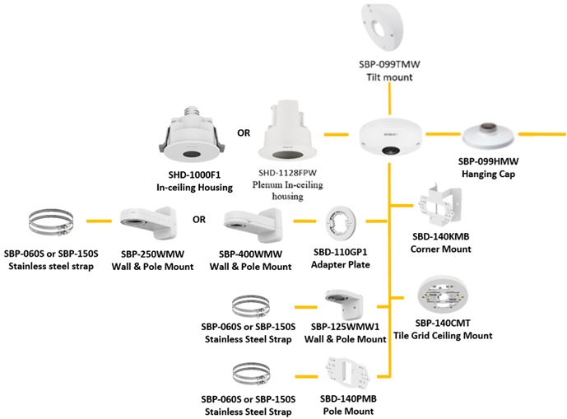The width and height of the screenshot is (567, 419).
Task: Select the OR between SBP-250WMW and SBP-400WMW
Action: tap(198, 221)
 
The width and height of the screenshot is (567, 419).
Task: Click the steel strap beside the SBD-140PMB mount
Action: tap(253, 371)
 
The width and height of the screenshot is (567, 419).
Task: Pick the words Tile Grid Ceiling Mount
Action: tap(443, 335)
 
